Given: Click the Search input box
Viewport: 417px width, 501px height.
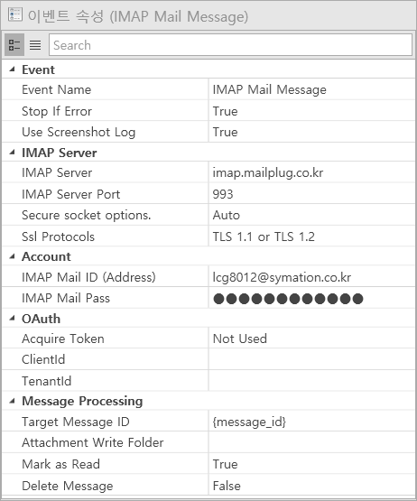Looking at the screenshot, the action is click(230, 45).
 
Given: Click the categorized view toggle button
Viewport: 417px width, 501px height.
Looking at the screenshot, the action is click(14, 45).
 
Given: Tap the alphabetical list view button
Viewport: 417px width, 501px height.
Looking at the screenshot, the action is click(35, 45).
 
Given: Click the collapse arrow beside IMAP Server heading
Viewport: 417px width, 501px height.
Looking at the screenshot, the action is click(12, 153).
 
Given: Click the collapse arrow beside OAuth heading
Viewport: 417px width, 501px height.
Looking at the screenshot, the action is click(12, 319).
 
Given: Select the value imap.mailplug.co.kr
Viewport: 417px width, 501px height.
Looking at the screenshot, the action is click(268, 172).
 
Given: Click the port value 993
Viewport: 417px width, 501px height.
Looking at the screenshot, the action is click(223, 194).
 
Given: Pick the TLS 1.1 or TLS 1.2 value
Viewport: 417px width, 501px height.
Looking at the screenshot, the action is click(264, 237).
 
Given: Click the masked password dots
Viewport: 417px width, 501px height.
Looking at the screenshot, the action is click(288, 299).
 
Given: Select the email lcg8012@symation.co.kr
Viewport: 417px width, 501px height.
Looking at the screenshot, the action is click(282, 277).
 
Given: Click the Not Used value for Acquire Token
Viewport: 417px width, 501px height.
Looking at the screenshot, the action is click(240, 339).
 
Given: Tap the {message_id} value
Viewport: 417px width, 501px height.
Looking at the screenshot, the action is click(249, 422).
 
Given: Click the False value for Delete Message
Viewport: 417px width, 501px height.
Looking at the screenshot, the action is click(227, 486).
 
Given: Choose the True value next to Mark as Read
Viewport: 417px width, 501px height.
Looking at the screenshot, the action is click(226, 464).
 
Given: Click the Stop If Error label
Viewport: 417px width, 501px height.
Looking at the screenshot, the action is click(57, 111).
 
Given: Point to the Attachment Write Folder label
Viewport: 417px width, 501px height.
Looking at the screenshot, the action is click(93, 442).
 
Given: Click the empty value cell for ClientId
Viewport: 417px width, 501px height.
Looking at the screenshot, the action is click(311, 359).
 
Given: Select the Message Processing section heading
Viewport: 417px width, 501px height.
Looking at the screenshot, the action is click(82, 402).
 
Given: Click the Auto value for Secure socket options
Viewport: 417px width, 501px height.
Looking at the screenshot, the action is click(227, 216).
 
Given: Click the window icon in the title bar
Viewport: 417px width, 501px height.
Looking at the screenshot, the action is click(14, 15).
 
